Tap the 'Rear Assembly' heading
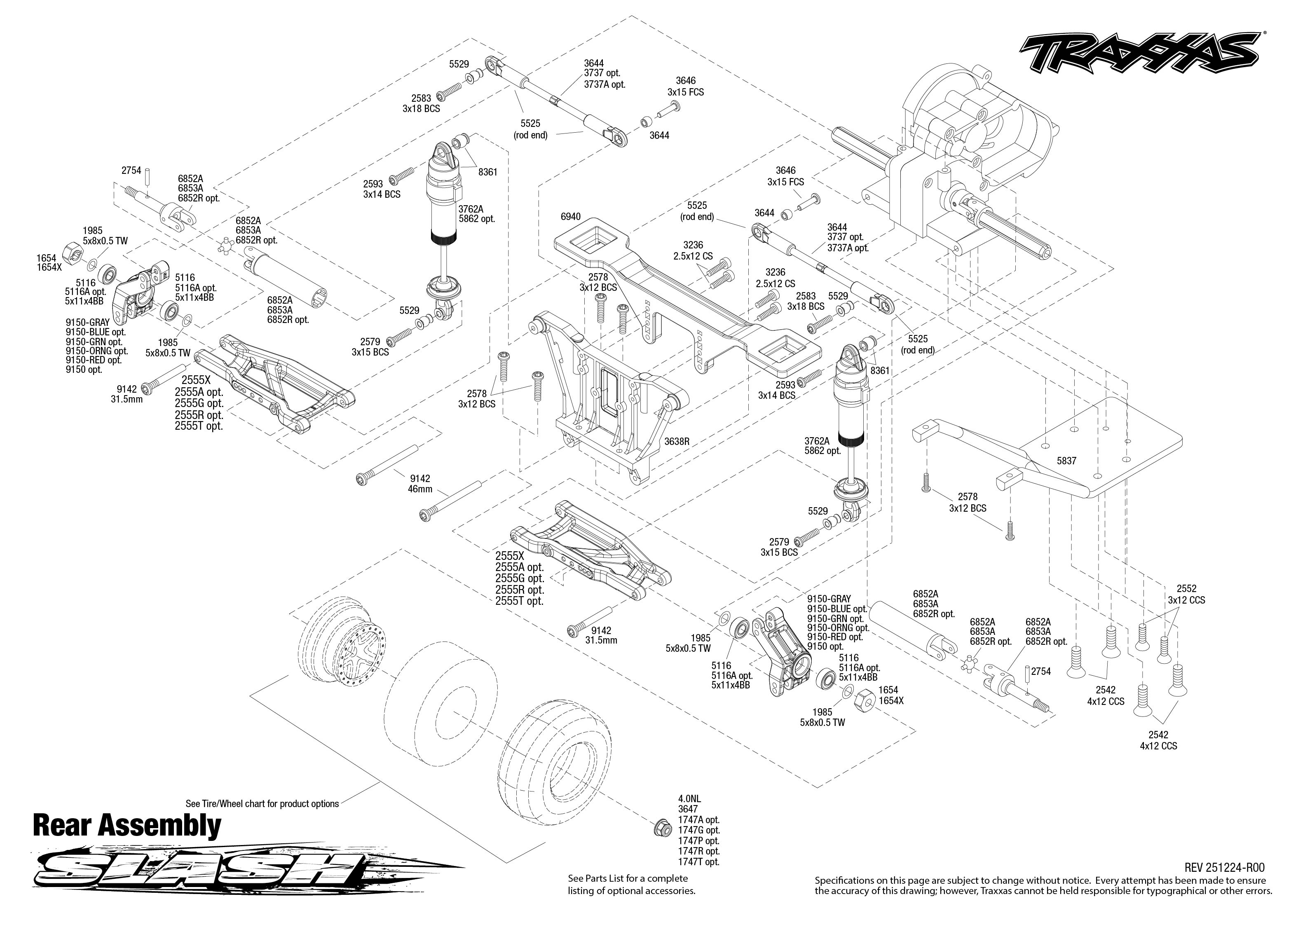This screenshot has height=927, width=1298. (x=127, y=826)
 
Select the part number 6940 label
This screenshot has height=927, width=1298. (x=570, y=217)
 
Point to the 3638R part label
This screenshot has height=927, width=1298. (x=677, y=441)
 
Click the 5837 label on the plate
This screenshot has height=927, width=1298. (x=1066, y=461)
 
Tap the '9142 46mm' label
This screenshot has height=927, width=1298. (x=419, y=483)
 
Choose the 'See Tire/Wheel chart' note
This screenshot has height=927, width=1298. (x=262, y=804)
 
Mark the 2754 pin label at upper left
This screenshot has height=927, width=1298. (x=131, y=171)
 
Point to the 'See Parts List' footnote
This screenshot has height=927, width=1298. (x=631, y=884)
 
